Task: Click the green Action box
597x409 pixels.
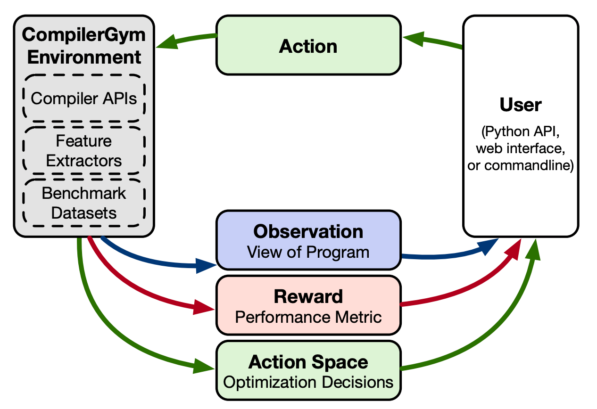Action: pyautogui.click(x=308, y=45)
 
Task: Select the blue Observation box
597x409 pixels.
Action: pyautogui.click(x=308, y=240)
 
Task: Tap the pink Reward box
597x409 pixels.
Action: pyautogui.click(x=308, y=305)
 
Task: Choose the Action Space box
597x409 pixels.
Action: pyautogui.click(x=308, y=370)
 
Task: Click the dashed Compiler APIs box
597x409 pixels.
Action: pyautogui.click(x=83, y=98)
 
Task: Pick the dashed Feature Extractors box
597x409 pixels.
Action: pyautogui.click(x=83, y=150)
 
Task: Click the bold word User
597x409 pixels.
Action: pyautogui.click(x=520, y=105)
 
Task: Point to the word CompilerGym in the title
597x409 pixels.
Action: pyautogui.click(x=83, y=35)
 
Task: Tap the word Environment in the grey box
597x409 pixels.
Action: pyautogui.click(x=84, y=57)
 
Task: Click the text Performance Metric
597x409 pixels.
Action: pyautogui.click(x=308, y=317)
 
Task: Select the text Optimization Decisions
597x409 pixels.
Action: pyautogui.click(x=308, y=382)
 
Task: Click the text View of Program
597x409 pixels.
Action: pyautogui.click(x=308, y=252)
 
